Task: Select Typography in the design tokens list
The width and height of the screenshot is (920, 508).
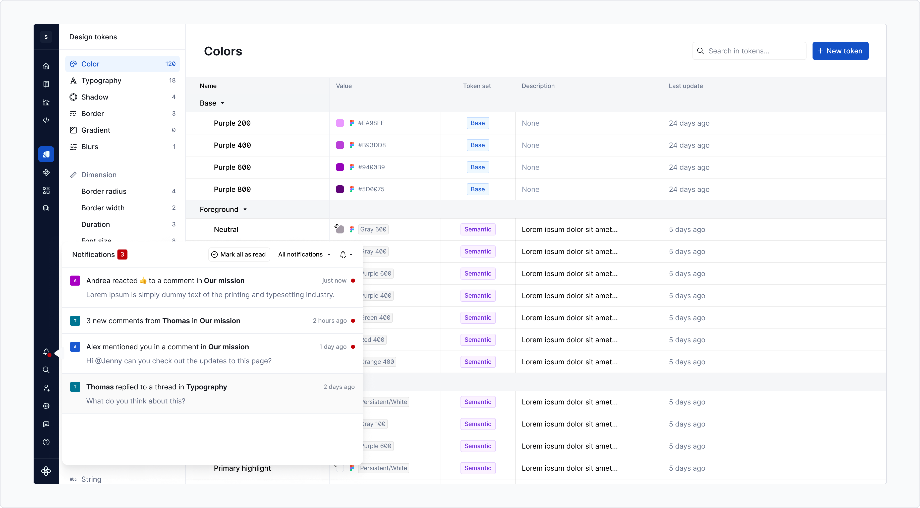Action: pos(101,81)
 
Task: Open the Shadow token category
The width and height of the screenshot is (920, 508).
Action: pos(95,97)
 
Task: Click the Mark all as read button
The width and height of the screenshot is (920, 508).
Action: pos(239,254)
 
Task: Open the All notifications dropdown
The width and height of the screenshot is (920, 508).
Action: pos(304,254)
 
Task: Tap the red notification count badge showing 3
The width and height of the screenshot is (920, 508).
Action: pos(122,254)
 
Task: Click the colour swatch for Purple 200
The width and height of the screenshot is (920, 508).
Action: pos(340,123)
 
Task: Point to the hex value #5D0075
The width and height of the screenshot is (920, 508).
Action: pos(371,189)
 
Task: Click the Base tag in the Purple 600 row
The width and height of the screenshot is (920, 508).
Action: pos(478,167)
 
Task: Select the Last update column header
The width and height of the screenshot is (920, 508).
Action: pos(685,86)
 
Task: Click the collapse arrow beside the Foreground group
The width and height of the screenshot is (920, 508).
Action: pos(245,209)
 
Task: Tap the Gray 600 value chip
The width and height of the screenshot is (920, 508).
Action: pos(373,229)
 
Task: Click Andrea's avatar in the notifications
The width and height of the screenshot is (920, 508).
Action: pos(75,281)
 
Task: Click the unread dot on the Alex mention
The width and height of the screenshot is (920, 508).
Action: pos(353,347)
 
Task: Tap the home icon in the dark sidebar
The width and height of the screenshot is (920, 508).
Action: pos(46,66)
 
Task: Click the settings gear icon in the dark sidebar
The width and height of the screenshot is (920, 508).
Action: pos(46,406)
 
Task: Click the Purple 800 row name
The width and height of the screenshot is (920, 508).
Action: pos(232,189)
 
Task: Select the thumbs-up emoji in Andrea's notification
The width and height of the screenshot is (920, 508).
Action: pos(143,280)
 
